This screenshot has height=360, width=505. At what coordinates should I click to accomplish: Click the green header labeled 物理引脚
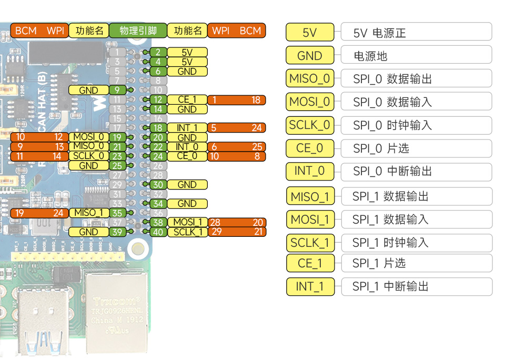tap(138, 31)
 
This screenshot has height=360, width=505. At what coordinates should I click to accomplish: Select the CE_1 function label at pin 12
tap(187, 100)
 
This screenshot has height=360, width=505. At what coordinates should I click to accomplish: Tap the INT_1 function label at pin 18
tap(187, 128)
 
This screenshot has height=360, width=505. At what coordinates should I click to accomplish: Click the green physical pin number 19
tap(118, 137)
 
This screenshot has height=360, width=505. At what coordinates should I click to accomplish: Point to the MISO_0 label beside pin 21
tap(88, 146)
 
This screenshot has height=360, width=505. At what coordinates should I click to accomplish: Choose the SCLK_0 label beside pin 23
tap(88, 156)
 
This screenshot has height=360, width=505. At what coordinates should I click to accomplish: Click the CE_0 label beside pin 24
tap(187, 156)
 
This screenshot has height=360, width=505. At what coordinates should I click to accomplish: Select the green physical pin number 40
tap(158, 232)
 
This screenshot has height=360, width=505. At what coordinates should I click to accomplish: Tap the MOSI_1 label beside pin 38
tap(188, 223)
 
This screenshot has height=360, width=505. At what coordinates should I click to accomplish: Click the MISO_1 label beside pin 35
tap(88, 213)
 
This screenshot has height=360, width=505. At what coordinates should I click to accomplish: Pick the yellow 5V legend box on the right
tap(310, 33)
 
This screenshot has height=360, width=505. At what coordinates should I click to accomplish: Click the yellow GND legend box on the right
tap(310, 56)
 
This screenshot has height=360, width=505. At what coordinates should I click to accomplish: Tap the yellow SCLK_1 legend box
tap(310, 243)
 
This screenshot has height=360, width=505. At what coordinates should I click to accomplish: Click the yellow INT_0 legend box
tap(310, 172)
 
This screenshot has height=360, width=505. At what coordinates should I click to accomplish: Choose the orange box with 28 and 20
tap(237, 223)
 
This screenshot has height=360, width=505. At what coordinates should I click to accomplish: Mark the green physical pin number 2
tap(158, 52)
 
